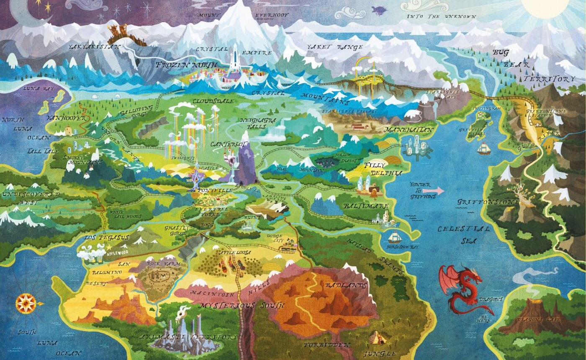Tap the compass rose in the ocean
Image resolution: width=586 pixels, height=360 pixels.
26,303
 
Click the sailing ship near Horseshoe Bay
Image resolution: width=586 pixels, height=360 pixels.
394,237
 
